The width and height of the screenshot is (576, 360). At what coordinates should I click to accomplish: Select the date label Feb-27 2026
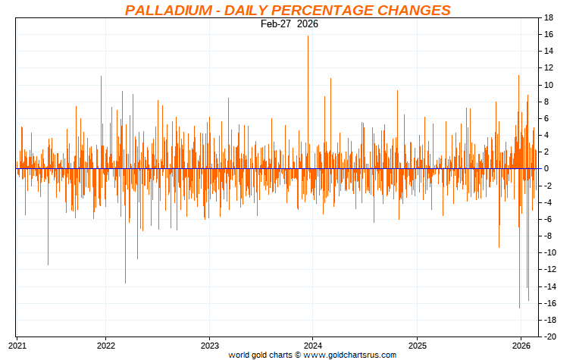[x=289, y=23]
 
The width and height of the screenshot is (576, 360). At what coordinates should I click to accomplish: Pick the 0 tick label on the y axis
[x=546, y=168]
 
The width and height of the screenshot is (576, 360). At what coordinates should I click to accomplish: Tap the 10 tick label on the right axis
[x=549, y=85]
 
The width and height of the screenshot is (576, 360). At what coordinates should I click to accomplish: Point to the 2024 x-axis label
[x=313, y=343]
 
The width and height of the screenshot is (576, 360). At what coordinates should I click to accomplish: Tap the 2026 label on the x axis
[x=521, y=343]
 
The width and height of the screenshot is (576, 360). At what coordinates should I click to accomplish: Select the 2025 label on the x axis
[x=417, y=343]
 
